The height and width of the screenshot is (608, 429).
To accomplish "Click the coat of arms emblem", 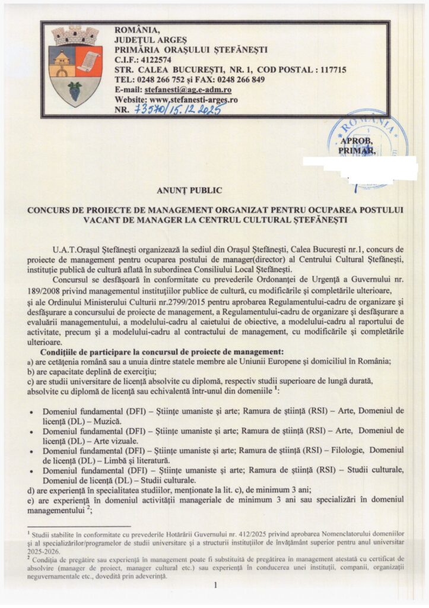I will [x=74, y=67].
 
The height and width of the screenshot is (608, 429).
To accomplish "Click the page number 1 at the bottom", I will [x=216, y=585].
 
